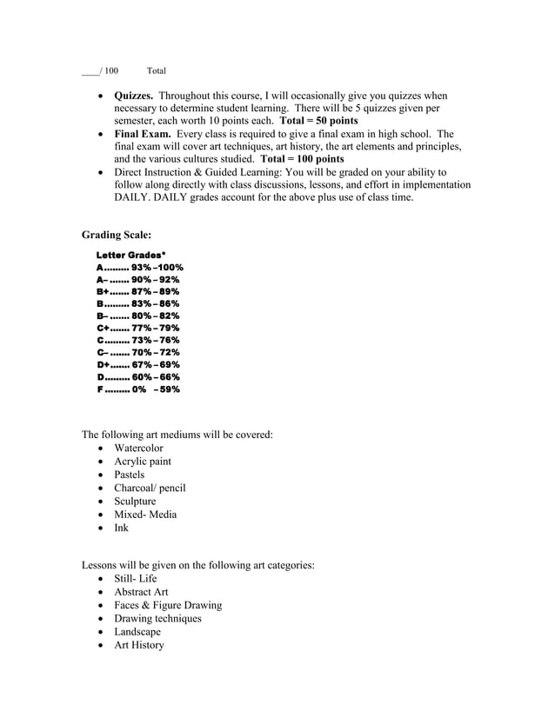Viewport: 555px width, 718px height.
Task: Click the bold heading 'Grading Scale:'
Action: point(117,235)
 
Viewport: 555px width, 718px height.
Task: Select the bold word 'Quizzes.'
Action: point(134,96)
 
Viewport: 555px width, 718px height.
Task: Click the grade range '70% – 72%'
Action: point(155,353)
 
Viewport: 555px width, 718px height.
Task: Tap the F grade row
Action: point(138,389)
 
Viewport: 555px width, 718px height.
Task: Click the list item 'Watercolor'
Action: point(138,449)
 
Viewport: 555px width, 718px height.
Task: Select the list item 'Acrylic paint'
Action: point(143,462)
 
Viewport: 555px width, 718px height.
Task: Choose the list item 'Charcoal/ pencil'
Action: point(150,488)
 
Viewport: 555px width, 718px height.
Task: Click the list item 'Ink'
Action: point(121,528)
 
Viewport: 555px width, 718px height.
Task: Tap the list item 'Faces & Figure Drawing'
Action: point(168,605)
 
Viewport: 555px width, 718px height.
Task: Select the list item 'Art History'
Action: point(138,645)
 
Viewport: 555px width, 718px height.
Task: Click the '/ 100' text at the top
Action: point(109,70)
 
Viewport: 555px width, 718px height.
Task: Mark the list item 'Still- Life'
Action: point(136,579)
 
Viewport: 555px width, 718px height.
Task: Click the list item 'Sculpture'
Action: point(135,502)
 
